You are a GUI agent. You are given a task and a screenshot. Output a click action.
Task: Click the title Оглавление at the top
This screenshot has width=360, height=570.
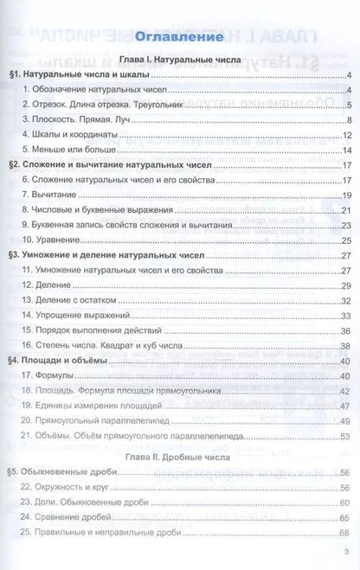pos(179,38)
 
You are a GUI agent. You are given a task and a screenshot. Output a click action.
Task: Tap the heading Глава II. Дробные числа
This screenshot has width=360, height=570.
pos(179,453)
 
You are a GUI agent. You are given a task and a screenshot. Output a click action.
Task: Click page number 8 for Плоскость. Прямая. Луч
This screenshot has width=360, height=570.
pos(346,119)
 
